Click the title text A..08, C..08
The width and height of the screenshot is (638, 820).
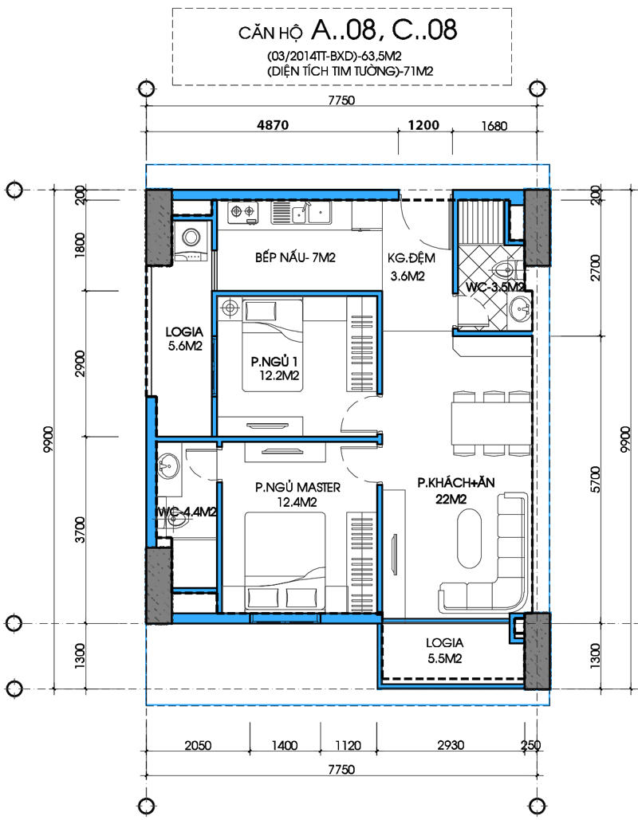384,29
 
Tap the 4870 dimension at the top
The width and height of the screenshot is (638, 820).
272,125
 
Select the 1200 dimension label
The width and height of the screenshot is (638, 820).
423,125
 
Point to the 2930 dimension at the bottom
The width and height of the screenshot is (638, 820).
450,744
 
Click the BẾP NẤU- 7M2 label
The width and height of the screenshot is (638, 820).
295,257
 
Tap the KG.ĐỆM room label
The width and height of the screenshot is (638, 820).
411,258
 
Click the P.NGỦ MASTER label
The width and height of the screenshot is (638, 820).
297,488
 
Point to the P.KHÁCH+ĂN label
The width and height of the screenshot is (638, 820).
456,483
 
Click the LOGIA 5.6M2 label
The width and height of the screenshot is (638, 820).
184,339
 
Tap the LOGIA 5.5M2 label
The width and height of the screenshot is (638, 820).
444,650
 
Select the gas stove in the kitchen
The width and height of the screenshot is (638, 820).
243,212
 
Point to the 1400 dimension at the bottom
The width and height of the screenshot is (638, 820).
284,744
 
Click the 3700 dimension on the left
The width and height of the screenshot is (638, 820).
80,529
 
